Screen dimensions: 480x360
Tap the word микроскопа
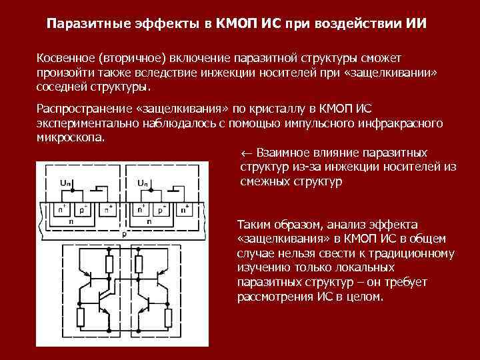(70, 137)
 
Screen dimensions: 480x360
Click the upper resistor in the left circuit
(109, 265)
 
